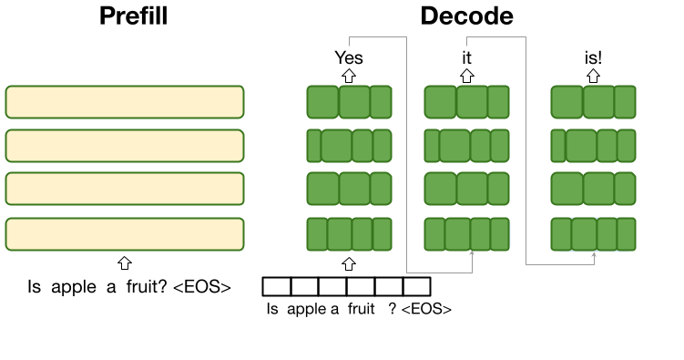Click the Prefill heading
pos(134,16)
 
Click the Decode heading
pos(466,16)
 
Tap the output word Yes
pos(349,57)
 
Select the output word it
pos(466,57)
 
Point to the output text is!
pos(593,57)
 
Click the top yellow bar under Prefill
pos(125,102)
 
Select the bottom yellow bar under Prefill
pos(125,234)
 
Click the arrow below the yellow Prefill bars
pos(125,262)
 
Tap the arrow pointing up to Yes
pos(349,76)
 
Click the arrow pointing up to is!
pos(593,76)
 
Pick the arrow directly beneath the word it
pos(466,76)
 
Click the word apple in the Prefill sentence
pos(73,288)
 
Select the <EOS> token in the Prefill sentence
pos(202,287)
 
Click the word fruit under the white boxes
pos(362,309)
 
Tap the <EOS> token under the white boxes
pos(426,309)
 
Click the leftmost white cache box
pos(277,287)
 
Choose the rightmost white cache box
pos(417,287)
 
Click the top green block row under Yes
pos(349,102)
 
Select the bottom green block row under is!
pos(593,234)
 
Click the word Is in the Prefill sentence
pos(34,287)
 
